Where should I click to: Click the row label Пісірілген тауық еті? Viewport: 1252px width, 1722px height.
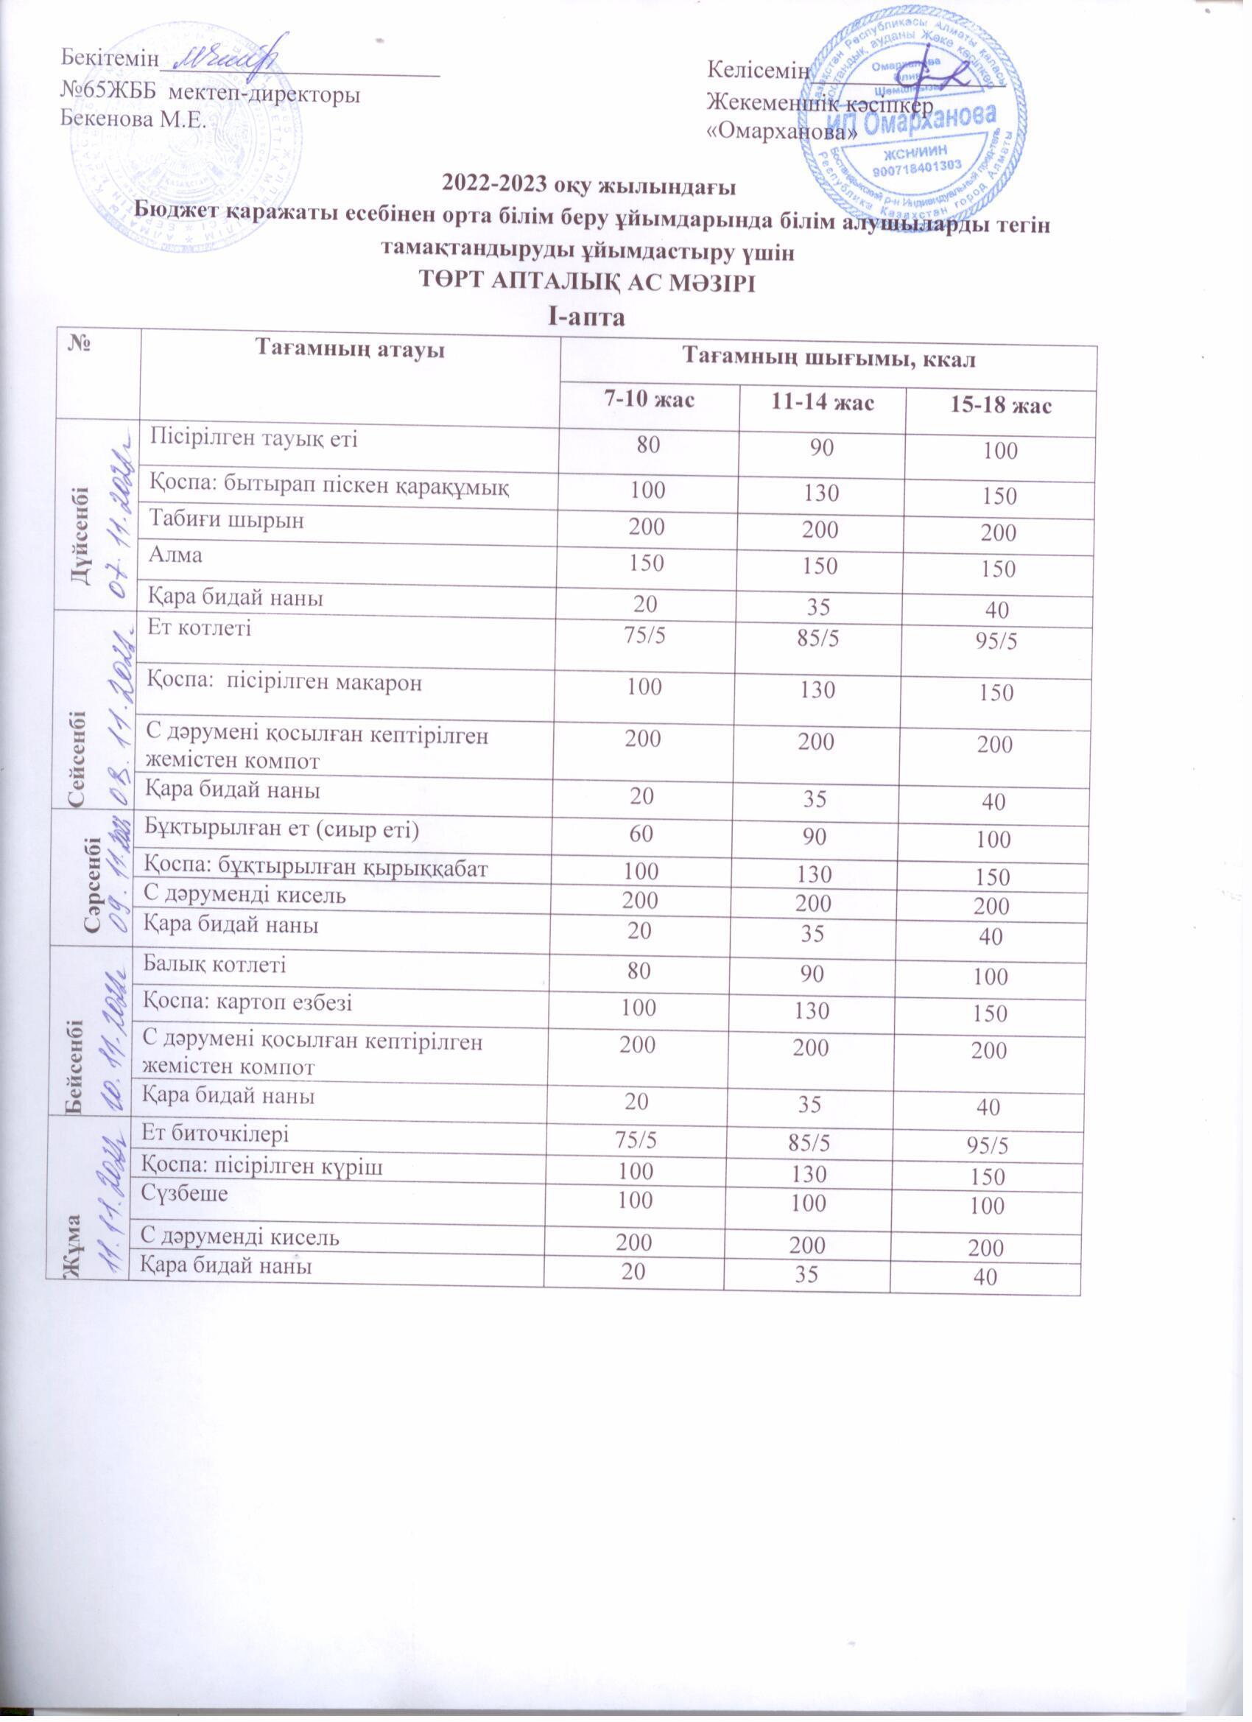pos(253,438)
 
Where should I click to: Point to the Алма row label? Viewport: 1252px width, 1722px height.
pos(176,555)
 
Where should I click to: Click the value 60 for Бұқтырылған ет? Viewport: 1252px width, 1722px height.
pos(637,830)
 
